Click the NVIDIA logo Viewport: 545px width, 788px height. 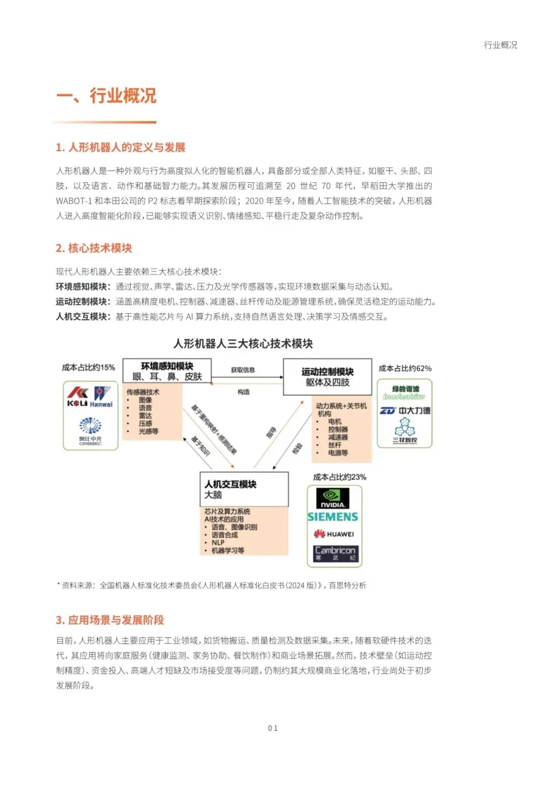point(333,498)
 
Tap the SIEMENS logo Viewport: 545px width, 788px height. point(333,517)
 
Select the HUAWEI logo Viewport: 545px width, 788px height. point(334,534)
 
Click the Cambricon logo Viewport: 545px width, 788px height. point(335,553)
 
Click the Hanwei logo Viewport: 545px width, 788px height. point(101,397)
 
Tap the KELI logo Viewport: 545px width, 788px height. point(77,397)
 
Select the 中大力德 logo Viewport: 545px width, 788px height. point(405,411)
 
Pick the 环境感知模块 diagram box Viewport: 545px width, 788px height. point(167,371)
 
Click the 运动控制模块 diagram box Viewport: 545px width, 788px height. point(328,377)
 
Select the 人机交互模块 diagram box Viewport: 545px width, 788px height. point(244,489)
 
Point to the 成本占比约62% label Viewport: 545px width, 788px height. point(405,368)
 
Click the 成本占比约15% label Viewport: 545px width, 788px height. point(88,367)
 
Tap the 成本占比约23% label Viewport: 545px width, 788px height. point(340,477)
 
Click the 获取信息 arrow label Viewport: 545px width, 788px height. point(243,370)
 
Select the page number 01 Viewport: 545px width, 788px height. point(272,728)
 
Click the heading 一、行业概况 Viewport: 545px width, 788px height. point(106,95)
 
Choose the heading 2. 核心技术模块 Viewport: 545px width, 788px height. point(94,248)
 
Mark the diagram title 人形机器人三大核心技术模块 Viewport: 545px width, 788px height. point(243,343)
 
